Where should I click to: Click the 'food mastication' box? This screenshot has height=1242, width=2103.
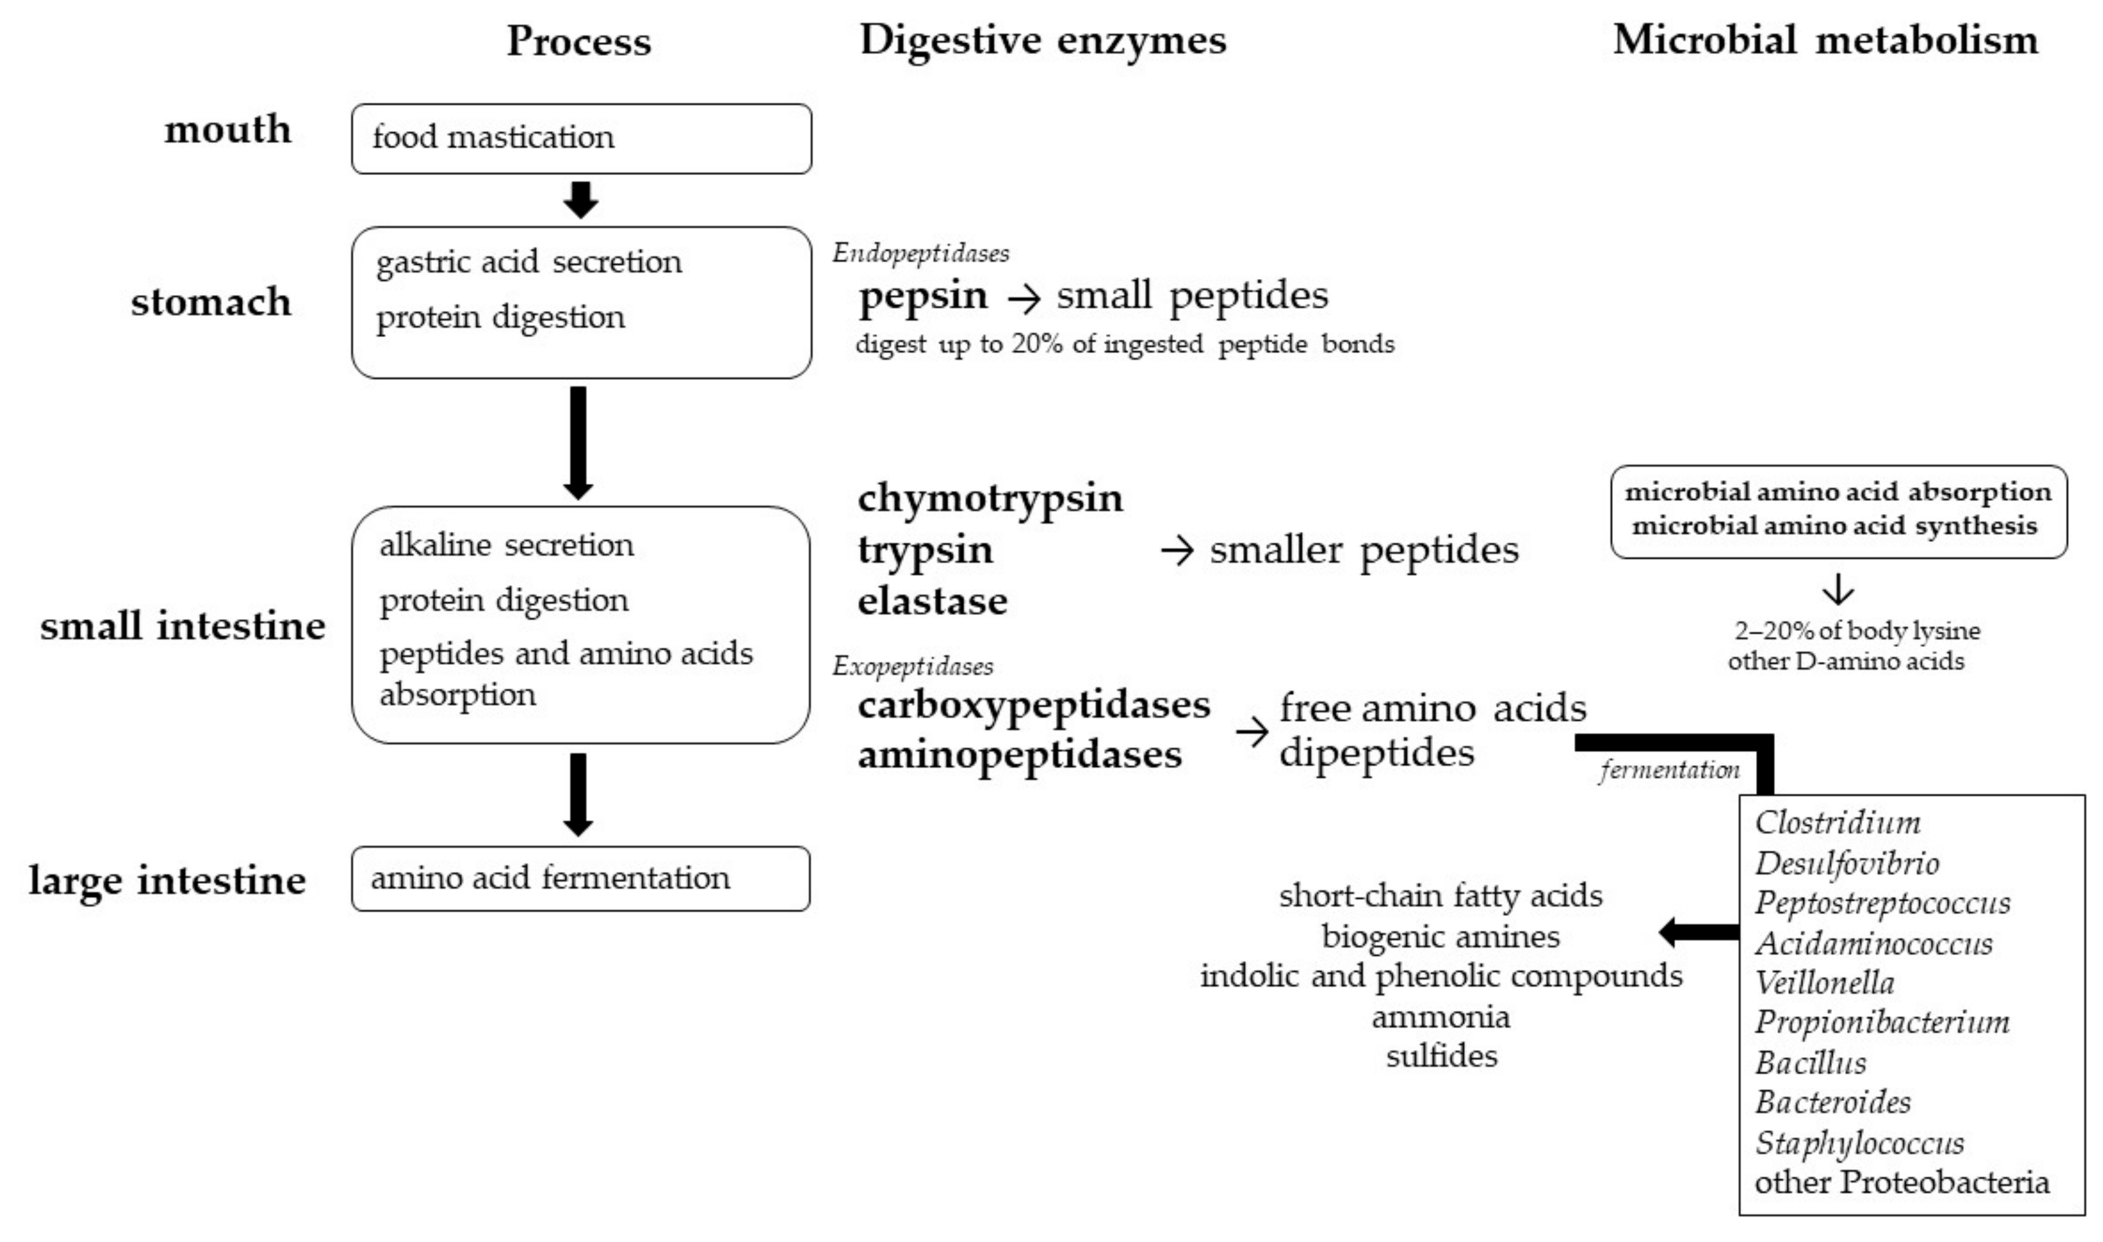click(x=581, y=139)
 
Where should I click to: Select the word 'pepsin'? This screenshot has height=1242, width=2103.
click(x=922, y=296)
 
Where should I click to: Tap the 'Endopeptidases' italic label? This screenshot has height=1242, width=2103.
click(x=920, y=253)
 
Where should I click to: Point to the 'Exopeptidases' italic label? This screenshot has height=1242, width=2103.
click(x=912, y=666)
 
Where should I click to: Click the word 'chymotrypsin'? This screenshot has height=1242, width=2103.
click(x=989, y=498)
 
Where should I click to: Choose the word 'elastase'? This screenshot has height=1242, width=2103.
click(x=932, y=601)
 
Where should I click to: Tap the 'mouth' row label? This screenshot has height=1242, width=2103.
click(x=227, y=130)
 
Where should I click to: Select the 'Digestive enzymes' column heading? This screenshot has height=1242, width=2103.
click(x=1043, y=40)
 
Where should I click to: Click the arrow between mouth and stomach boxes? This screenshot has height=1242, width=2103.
click(x=580, y=200)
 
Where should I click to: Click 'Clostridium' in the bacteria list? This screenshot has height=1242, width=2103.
click(x=1837, y=823)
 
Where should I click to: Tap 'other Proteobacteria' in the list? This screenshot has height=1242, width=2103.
click(x=1901, y=1183)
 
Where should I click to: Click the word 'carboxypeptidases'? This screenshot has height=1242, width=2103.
click(x=1033, y=705)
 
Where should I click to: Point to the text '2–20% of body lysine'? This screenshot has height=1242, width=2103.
click(x=1856, y=630)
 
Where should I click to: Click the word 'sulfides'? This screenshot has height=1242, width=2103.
click(x=1441, y=1056)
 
